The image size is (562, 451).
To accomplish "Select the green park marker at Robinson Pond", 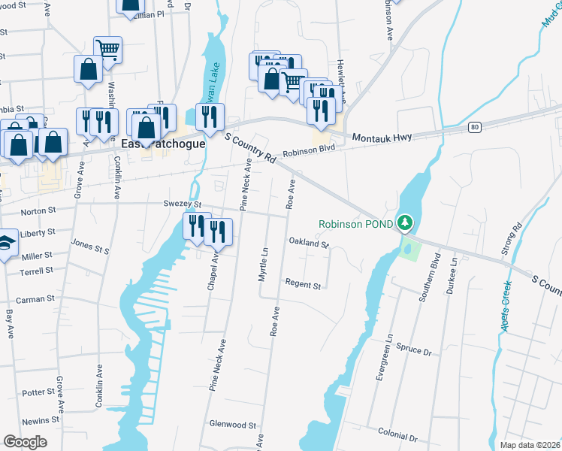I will click(x=405, y=223).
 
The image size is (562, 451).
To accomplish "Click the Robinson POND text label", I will click(x=355, y=224).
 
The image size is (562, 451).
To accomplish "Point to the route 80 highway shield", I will click(x=474, y=128).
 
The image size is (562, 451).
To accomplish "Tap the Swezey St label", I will click(x=183, y=204).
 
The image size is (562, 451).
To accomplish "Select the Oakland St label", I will click(x=310, y=243).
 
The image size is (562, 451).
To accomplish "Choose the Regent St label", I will click(x=303, y=286).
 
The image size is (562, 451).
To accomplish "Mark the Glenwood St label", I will click(x=234, y=425).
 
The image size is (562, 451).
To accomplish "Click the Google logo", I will click(x=25, y=442).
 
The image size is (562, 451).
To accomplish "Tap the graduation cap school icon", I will click(x=6, y=245).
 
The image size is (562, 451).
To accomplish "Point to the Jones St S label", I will click(x=90, y=245).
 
